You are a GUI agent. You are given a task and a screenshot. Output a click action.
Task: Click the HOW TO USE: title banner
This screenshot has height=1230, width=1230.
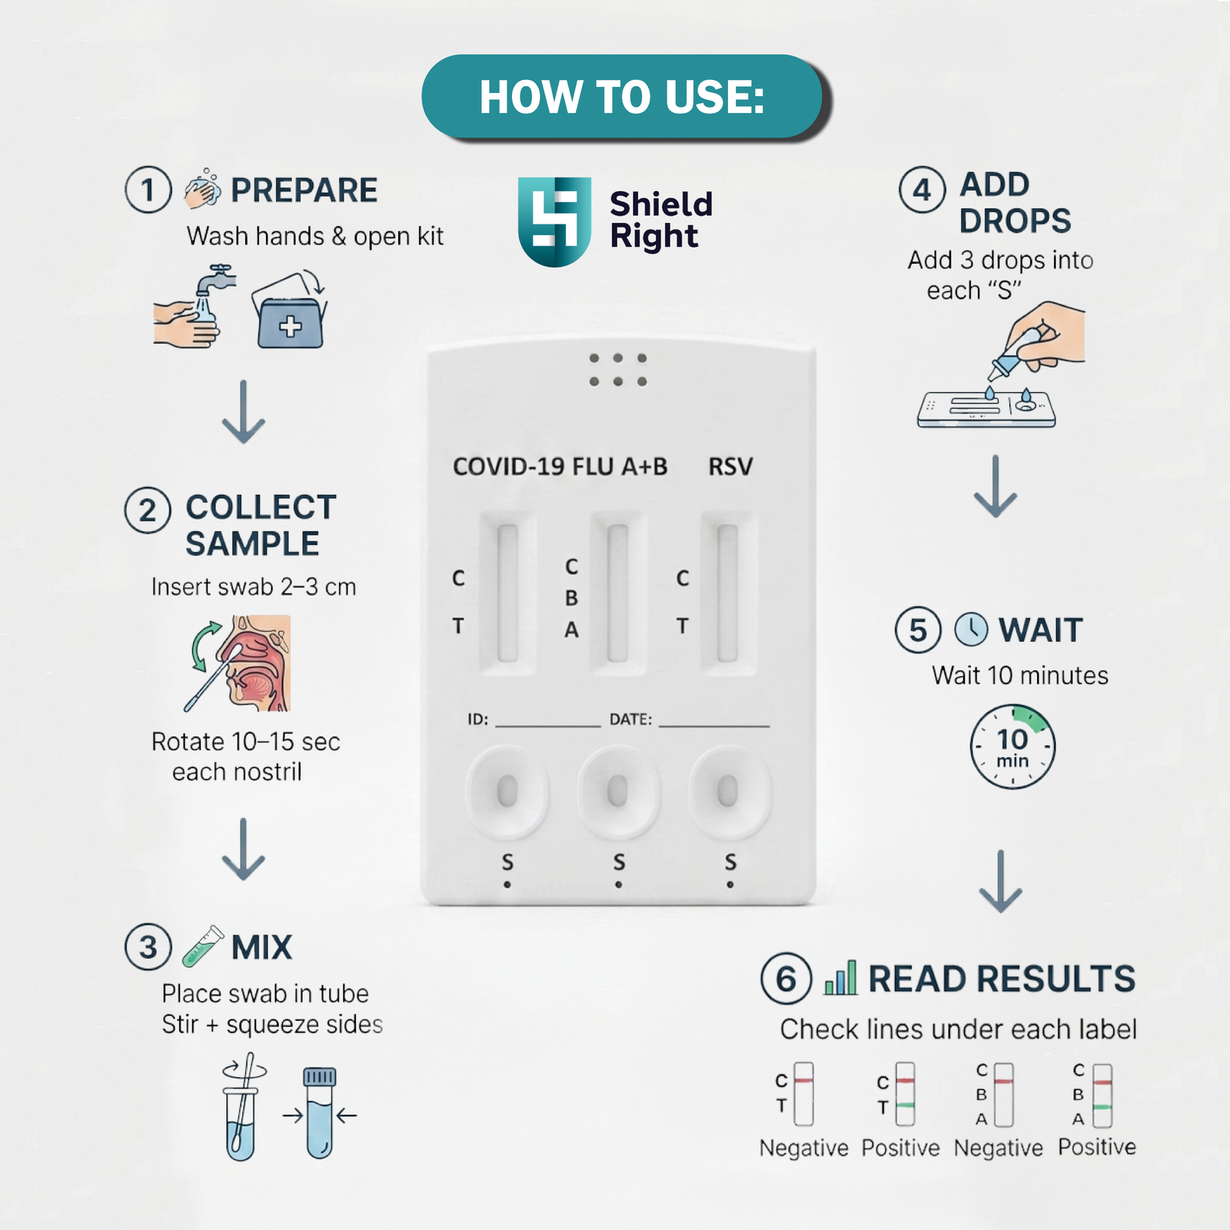tap(622, 96)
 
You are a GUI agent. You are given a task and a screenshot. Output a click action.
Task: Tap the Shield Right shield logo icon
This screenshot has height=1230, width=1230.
tap(554, 221)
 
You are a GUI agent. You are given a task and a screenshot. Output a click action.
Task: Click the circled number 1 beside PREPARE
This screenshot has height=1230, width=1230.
tap(148, 190)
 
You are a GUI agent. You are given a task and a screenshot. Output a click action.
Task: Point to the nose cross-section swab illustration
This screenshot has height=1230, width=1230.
tap(238, 663)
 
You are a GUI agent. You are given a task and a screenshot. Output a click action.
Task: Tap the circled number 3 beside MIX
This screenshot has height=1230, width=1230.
tap(148, 947)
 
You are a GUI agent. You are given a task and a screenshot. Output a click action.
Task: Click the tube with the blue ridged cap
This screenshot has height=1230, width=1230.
tap(320, 1112)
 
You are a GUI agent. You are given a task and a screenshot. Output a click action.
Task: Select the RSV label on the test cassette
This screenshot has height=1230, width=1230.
tap(730, 467)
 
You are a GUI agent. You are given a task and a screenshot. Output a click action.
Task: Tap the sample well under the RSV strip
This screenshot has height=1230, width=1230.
tap(727, 792)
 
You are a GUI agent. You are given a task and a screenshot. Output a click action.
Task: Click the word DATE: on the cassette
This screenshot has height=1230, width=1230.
tap(630, 720)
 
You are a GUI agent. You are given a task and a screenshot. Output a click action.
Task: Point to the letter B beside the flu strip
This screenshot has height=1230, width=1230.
tap(571, 598)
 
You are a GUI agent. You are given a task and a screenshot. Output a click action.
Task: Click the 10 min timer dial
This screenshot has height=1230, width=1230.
tap(1012, 746)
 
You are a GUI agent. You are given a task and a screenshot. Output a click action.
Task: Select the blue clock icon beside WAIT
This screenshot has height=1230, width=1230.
tap(971, 630)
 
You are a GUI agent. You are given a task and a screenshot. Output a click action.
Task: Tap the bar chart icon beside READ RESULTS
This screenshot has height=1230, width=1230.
tap(840, 978)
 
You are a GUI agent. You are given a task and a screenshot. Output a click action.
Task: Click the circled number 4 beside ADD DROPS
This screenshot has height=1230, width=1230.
tap(922, 190)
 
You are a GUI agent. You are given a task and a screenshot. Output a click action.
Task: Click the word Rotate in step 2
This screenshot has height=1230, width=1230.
tap(188, 742)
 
